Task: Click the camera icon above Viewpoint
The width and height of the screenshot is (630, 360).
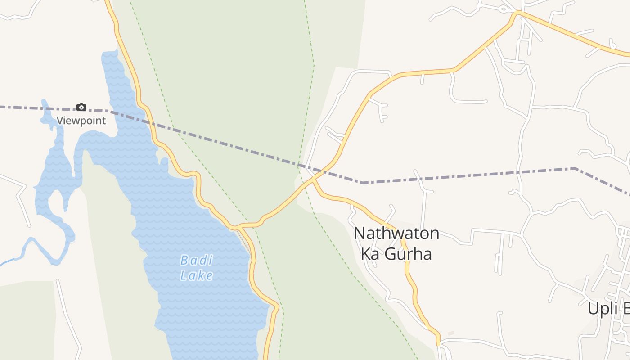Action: (x=81, y=107)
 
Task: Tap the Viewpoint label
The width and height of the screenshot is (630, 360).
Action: (x=81, y=121)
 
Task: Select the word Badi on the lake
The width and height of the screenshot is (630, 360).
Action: (x=196, y=260)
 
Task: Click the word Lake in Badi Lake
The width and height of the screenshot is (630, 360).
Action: (x=196, y=275)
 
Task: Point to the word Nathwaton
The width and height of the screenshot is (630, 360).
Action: (x=396, y=234)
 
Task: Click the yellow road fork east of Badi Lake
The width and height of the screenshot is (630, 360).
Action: (x=239, y=226)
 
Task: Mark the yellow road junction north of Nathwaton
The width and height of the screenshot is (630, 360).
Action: (x=314, y=179)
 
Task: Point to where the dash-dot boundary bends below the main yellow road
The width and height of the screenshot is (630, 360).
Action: (x=363, y=183)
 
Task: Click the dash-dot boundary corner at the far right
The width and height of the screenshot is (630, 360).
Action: (x=576, y=169)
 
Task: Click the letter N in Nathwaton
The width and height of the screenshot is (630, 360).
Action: (x=359, y=234)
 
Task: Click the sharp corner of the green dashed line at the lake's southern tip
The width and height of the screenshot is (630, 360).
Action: (x=283, y=310)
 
